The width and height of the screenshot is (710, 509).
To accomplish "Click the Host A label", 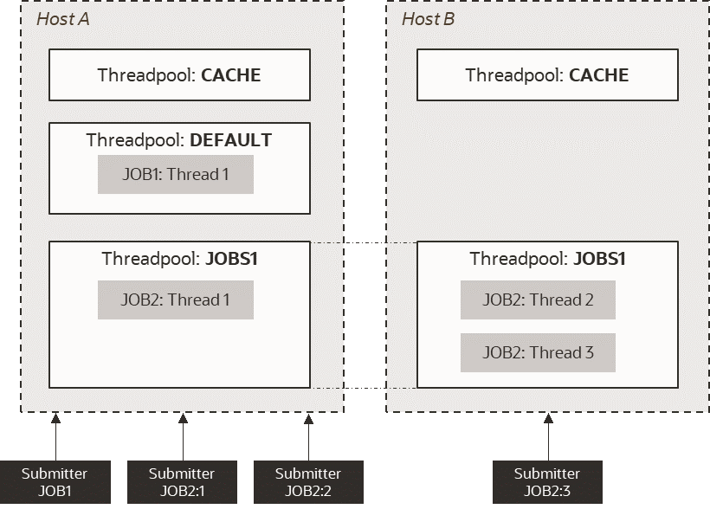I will pos(62,19).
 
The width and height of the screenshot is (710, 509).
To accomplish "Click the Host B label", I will pos(428,19).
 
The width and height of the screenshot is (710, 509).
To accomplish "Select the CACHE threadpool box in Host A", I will pos(179,74).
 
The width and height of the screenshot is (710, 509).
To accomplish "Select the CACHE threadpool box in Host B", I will pos(547,74).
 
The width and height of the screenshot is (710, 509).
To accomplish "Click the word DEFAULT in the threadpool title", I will pos(230,139).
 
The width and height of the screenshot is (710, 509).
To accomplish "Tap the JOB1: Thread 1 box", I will pos(175,174).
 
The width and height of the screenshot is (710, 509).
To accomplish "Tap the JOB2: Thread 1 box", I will pos(175,300).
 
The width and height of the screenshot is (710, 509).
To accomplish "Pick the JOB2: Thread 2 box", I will pos(538,300).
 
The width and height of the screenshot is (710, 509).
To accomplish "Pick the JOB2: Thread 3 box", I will pos(538,352).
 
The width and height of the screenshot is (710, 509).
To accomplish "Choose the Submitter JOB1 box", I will pos(55,482).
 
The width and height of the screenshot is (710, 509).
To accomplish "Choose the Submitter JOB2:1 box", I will pos(181,482).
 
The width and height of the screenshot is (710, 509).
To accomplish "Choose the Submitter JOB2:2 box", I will pos(308,482).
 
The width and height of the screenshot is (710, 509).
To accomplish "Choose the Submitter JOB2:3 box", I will pos(547,482).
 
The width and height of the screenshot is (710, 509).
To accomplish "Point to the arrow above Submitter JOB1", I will pos(55,436).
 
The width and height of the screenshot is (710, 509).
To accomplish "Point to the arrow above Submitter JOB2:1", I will pos(183,436).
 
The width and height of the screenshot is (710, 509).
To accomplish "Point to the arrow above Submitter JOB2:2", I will pos(309,436).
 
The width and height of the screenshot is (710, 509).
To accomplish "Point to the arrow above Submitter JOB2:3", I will pos(547,436).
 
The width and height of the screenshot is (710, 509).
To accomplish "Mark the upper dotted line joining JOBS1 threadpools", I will pos(364,242).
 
